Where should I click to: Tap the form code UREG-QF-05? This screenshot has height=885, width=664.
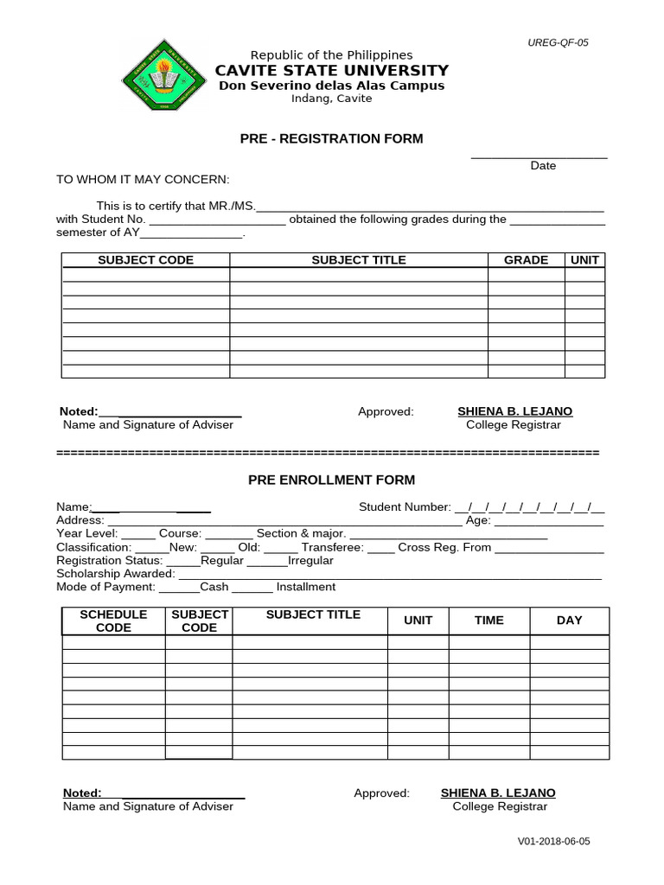pyautogui.click(x=559, y=42)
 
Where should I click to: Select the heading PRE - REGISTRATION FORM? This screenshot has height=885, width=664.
pyautogui.click(x=331, y=138)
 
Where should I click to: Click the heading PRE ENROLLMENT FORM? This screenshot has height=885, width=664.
pyautogui.click(x=331, y=480)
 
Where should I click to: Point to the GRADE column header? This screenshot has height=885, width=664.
pyautogui.click(x=526, y=260)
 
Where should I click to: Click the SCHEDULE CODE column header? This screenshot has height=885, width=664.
pyautogui.click(x=113, y=621)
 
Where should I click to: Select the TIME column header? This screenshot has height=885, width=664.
pyautogui.click(x=488, y=621)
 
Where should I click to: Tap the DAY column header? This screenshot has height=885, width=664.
pyautogui.click(x=569, y=621)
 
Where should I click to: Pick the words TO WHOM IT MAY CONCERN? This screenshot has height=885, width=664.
pyautogui.click(x=143, y=179)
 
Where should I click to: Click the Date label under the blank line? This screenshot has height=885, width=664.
pyautogui.click(x=543, y=165)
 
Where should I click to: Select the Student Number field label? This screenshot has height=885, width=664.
pyautogui.click(x=405, y=507)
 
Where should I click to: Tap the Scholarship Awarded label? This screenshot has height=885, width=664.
pyautogui.click(x=115, y=573)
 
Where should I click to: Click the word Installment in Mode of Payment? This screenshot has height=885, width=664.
pyautogui.click(x=306, y=587)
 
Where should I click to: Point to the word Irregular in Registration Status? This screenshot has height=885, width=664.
pyautogui.click(x=310, y=560)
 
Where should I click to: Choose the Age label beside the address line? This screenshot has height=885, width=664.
pyautogui.click(x=478, y=520)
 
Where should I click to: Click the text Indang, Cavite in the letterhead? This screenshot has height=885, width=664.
pyautogui.click(x=331, y=99)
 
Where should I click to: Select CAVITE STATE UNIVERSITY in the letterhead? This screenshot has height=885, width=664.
pyautogui.click(x=331, y=70)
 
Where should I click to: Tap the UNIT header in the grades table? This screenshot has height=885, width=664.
pyautogui.click(x=584, y=260)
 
